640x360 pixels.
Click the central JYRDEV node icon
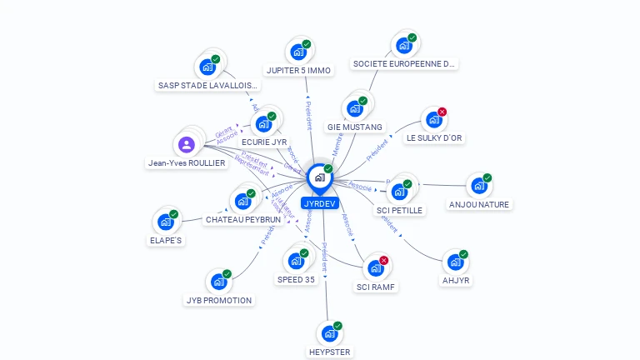tap(319, 177)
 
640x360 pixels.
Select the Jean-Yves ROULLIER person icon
tap(187, 145)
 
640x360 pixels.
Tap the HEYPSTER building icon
tap(330, 333)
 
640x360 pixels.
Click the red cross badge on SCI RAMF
tap(383, 261)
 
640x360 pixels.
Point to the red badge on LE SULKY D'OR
tap(442, 112)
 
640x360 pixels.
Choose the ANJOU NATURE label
tap(479, 204)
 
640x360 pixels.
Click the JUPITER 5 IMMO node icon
tap(297, 52)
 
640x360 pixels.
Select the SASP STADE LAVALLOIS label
tap(208, 85)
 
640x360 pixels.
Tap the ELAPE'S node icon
tap(166, 222)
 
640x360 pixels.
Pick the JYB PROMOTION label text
tap(218, 300)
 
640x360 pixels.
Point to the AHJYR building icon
tap(455, 262)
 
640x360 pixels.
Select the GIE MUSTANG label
tap(355, 127)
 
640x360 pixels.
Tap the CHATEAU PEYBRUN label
tap(242, 219)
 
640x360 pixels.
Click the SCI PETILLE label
tap(400, 210)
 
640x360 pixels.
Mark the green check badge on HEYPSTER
tap(337, 326)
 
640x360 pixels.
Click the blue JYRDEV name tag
tap(319, 202)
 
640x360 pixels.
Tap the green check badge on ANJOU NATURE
tap(487, 177)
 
